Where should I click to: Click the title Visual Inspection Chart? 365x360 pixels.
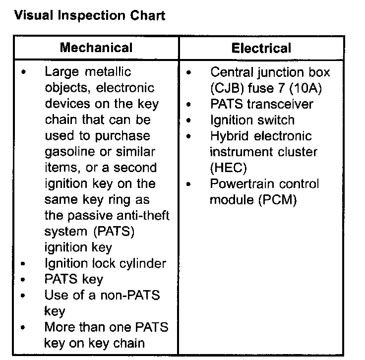(90, 15)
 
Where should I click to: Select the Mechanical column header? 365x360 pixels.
(96, 48)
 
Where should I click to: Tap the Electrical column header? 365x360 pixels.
(261, 48)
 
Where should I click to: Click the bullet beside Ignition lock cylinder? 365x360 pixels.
(24, 264)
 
